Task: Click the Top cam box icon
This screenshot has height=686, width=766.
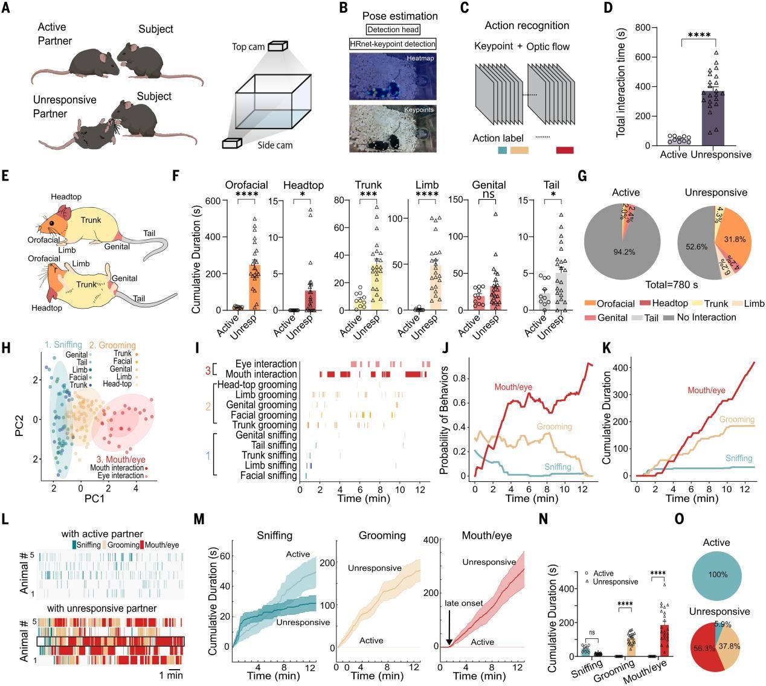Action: click(277, 46)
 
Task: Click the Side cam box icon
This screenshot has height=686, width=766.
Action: click(232, 143)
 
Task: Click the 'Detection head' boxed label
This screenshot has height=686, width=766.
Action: click(393, 30)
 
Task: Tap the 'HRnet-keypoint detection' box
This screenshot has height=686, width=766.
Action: click(393, 44)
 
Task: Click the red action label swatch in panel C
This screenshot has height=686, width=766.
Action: click(564, 150)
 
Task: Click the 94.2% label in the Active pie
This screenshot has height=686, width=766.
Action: click(624, 252)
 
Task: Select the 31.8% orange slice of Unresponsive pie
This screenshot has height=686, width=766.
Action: click(734, 240)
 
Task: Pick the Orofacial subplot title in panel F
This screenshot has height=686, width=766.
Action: click(246, 185)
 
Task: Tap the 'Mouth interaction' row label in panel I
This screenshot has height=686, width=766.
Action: click(257, 374)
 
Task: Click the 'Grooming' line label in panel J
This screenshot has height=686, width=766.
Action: click(554, 427)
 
